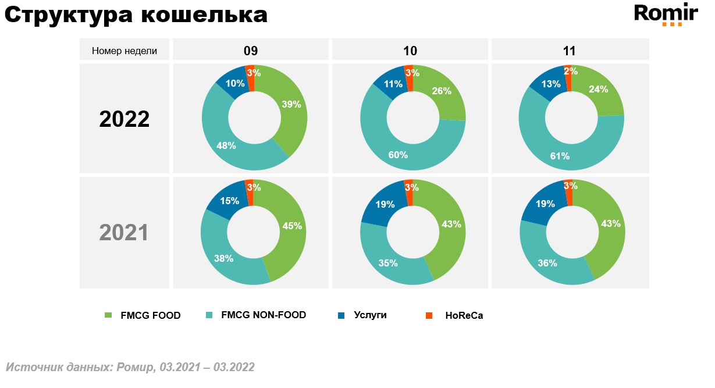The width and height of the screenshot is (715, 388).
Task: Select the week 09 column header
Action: pyautogui.click(x=251, y=51)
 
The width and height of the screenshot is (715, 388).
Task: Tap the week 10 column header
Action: pyautogui.click(x=410, y=51)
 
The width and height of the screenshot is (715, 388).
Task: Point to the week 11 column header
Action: pyautogui.click(x=569, y=51)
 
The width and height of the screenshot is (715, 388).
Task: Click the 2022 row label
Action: pyautogui.click(x=124, y=119)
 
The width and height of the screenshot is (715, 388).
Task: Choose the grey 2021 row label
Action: pyautogui.click(x=124, y=233)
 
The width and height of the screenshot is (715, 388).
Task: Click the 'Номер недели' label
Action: pyautogui.click(x=124, y=51)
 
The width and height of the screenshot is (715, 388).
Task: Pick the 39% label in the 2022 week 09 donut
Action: pyautogui.click(x=291, y=105)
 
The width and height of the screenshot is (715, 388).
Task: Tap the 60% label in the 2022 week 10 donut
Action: pyautogui.click(x=399, y=155)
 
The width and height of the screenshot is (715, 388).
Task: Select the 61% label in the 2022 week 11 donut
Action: pyautogui.click(x=560, y=155)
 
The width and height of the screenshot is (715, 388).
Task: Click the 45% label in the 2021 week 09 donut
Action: pyautogui.click(x=293, y=226)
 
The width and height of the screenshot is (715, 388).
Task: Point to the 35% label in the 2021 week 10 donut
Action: pyautogui.click(x=388, y=262)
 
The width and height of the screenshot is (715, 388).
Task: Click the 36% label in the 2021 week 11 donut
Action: pyautogui.click(x=548, y=262)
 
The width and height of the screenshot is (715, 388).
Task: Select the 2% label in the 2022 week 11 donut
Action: pyautogui.click(x=571, y=72)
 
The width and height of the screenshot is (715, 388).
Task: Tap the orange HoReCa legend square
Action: pyautogui.click(x=429, y=315)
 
